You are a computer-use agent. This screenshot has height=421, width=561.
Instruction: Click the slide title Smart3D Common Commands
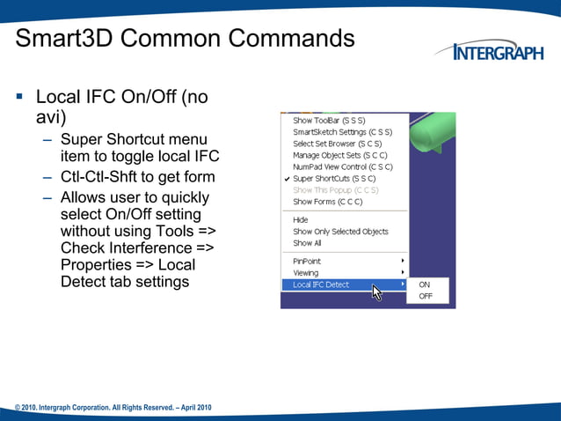186,40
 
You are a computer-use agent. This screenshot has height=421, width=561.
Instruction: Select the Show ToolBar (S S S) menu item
329,121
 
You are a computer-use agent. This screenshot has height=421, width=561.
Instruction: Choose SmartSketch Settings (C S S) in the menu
342,132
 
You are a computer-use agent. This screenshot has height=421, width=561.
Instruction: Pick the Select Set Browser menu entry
337,144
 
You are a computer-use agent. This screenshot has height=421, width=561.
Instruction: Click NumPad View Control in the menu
342,166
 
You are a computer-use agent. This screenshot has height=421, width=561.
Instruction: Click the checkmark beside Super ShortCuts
287,179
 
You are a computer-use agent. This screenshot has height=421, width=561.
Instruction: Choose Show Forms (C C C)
327,202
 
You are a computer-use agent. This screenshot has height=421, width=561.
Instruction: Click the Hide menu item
301,220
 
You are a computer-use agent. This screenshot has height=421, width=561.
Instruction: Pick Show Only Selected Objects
340,232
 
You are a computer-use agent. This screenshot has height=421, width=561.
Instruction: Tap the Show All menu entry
307,243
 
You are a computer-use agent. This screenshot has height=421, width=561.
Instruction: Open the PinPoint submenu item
308,261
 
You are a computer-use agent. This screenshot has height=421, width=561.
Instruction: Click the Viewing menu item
306,273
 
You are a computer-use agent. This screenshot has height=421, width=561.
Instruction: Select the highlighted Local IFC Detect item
321,284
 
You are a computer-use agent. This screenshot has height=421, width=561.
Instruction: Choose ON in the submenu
425,284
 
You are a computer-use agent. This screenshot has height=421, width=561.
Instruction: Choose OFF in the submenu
426,297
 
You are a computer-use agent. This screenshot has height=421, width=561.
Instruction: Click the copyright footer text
113,408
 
